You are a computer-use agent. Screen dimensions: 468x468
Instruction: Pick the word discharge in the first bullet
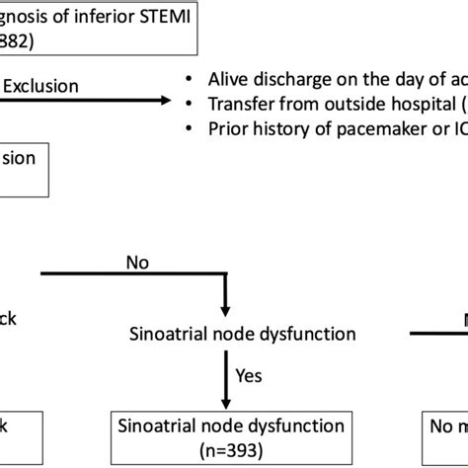click(299, 80)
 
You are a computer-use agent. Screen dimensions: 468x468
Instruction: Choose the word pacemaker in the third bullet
click(380, 128)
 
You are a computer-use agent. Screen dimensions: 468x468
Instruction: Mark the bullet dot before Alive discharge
click(191, 80)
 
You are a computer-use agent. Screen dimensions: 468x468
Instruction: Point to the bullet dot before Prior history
click(191, 128)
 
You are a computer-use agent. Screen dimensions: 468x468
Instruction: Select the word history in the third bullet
click(288, 128)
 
